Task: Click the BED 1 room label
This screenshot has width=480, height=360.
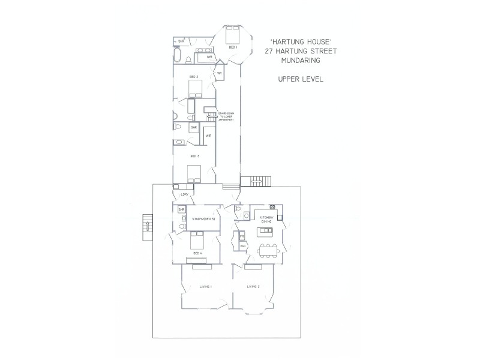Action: (232, 47)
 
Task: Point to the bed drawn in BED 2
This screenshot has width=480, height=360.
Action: (195, 89)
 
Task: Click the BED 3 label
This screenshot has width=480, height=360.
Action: (194, 156)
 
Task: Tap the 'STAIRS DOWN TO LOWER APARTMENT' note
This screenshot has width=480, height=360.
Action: (230, 119)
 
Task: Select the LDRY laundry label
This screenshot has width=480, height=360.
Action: (184, 196)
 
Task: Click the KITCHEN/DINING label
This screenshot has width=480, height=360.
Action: (266, 220)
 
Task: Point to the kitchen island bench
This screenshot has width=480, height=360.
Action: (265, 230)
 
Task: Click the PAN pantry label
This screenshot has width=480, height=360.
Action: (242, 247)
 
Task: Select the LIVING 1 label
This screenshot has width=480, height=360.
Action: (205, 287)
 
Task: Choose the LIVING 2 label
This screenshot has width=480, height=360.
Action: (253, 287)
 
